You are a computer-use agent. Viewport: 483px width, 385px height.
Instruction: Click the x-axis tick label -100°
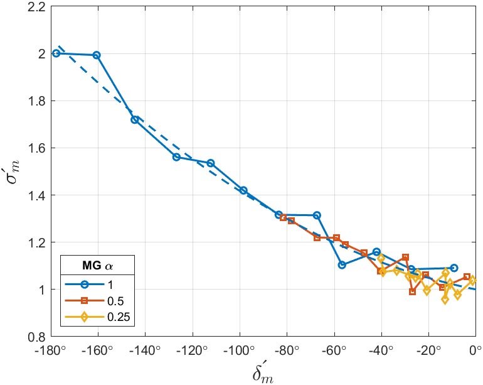240,349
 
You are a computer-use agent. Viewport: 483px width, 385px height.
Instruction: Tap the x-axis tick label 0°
474,349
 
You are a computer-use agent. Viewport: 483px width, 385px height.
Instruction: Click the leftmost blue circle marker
56,53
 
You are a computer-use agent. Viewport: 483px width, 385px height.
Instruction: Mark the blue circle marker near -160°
97,55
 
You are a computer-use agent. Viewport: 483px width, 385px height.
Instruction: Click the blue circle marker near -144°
134,119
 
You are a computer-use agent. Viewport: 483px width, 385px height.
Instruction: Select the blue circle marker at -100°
243,190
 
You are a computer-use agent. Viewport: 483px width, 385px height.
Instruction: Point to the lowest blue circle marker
342,265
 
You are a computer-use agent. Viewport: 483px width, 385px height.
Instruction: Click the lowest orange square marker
412,291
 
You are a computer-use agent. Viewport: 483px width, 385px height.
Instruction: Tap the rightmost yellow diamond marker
474,280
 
